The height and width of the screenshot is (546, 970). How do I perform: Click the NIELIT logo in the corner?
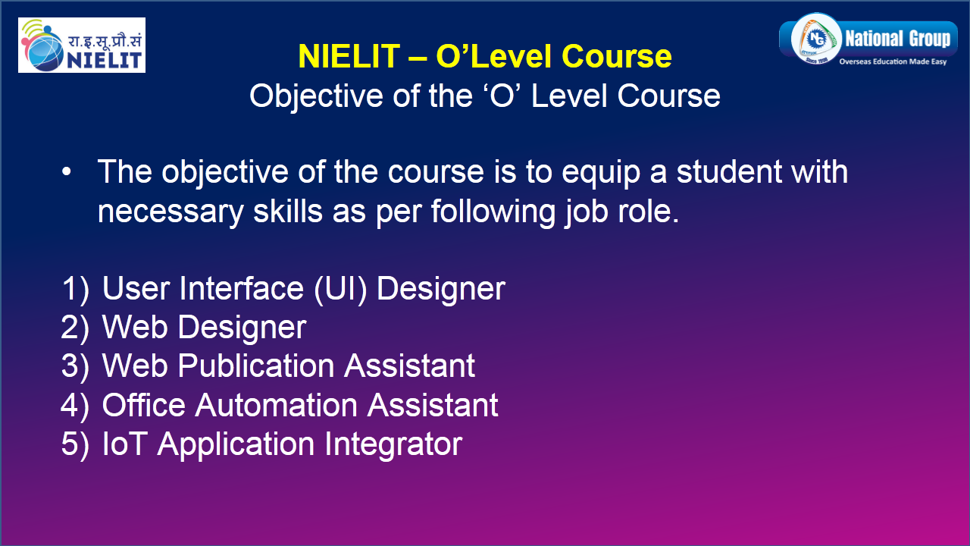click(x=82, y=45)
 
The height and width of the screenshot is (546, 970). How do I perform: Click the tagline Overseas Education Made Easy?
click(x=893, y=61)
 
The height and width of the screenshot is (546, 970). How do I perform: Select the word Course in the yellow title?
click(x=617, y=56)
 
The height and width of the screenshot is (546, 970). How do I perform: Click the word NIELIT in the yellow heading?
click(x=349, y=56)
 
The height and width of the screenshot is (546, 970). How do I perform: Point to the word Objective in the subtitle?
click(x=316, y=96)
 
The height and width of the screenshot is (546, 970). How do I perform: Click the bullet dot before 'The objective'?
click(x=66, y=171)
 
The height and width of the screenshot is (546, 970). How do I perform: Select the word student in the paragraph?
click(x=729, y=171)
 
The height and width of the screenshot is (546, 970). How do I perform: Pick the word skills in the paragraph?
click(x=288, y=210)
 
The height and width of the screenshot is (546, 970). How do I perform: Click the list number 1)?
click(x=75, y=289)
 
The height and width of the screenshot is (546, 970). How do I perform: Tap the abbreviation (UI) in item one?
click(x=341, y=289)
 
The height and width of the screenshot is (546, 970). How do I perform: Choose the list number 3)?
click(x=75, y=366)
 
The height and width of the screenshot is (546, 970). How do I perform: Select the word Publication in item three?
click(x=256, y=366)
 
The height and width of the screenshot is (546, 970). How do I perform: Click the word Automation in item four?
click(x=277, y=405)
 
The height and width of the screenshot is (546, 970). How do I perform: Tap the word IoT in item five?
click(x=124, y=444)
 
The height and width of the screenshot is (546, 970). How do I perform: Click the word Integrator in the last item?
click(x=393, y=445)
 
